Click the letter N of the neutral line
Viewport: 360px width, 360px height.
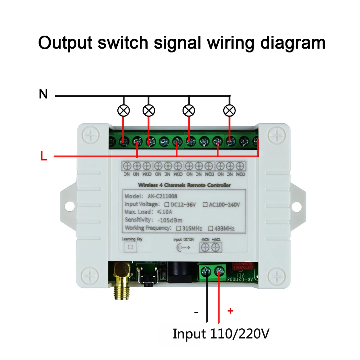pyautogui.click(x=43, y=94)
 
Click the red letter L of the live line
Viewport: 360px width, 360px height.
pyautogui.click(x=44, y=157)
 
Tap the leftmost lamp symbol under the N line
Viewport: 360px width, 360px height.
pyautogui.click(x=124, y=111)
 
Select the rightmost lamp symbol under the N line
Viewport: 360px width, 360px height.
pyautogui.click(x=229, y=111)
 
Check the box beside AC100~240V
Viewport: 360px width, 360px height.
pyautogui.click(x=205, y=205)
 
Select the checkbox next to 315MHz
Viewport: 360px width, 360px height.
pyautogui.click(x=178, y=228)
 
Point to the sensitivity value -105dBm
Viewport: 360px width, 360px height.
pyautogui.click(x=170, y=220)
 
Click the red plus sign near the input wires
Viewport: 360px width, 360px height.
pyautogui.click(x=230, y=311)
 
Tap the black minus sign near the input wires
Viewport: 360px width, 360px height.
pyautogui.click(x=196, y=312)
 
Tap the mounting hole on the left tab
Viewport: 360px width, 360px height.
pyautogui.click(x=68, y=206)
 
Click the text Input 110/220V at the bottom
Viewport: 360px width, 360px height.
pyautogui.click(x=221, y=334)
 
